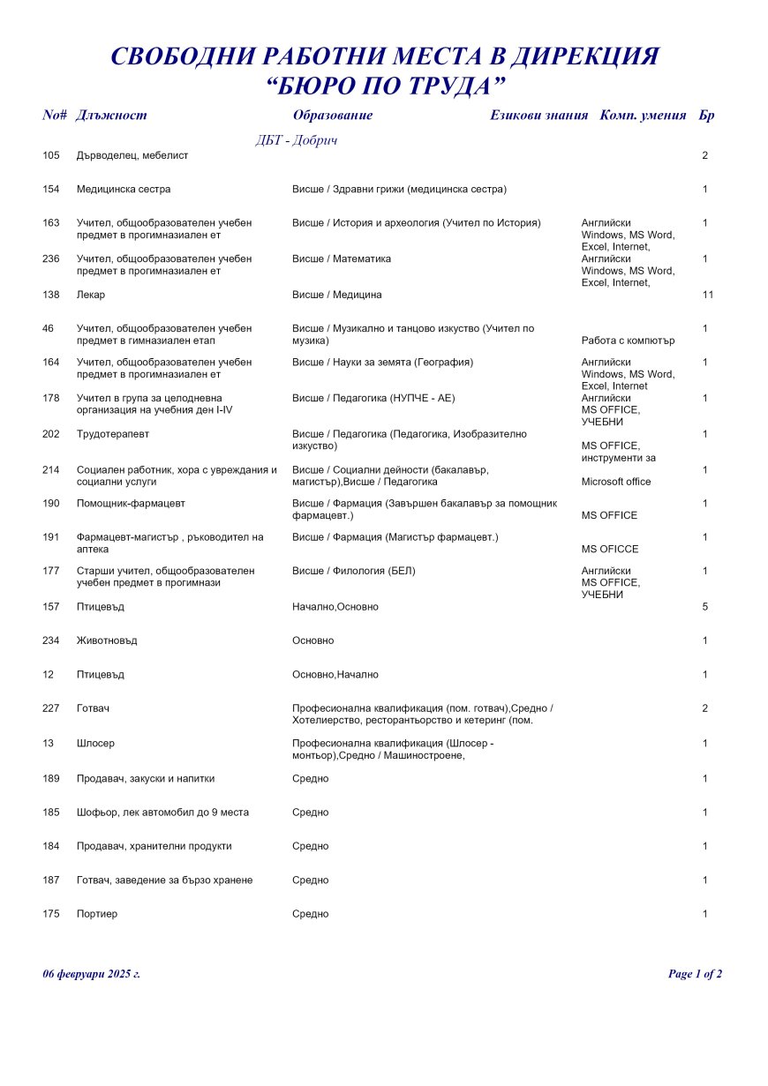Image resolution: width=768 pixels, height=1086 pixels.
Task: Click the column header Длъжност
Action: (x=111, y=116)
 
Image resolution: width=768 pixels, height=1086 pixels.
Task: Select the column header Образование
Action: (x=333, y=116)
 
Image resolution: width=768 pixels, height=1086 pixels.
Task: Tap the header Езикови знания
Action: (x=538, y=116)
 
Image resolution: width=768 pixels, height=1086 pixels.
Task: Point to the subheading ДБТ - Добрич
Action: (x=297, y=140)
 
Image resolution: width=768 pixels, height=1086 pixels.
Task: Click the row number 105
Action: (x=51, y=155)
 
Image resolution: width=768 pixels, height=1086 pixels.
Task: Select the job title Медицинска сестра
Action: (x=124, y=190)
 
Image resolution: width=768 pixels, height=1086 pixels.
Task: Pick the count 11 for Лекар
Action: (x=707, y=295)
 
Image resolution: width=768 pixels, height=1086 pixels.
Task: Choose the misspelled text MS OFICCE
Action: (x=610, y=550)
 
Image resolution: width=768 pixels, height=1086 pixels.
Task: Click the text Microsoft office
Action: (x=616, y=482)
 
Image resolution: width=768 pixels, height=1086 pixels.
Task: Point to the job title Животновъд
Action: (x=107, y=640)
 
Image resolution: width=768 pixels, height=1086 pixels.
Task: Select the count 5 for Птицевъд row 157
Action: (x=705, y=607)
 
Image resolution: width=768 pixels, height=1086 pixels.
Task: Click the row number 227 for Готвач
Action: (x=51, y=708)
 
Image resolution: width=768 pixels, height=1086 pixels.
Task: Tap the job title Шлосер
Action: (x=95, y=744)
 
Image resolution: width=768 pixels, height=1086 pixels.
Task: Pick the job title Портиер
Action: (x=97, y=914)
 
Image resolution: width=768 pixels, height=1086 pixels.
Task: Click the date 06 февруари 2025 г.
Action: (x=92, y=974)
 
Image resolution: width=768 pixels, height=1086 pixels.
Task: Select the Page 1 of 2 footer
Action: (x=695, y=974)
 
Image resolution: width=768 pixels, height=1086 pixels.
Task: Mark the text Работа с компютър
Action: (x=629, y=341)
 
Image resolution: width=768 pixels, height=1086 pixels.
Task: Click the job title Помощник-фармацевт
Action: (x=131, y=504)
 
